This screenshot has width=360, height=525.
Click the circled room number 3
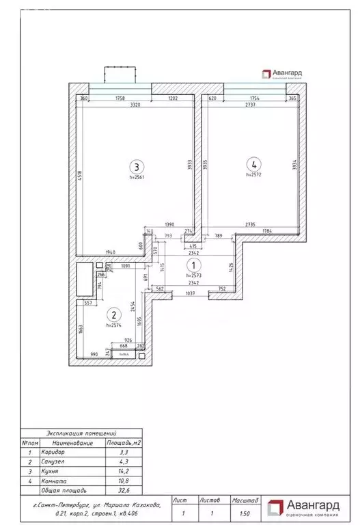[137, 166]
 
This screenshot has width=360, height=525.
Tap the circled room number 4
[253, 164]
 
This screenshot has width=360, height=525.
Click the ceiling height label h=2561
[138, 177]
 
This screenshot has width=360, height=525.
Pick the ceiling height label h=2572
[254, 174]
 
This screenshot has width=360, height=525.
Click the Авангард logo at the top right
[279, 75]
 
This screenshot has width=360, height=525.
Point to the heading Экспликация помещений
[81, 433]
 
